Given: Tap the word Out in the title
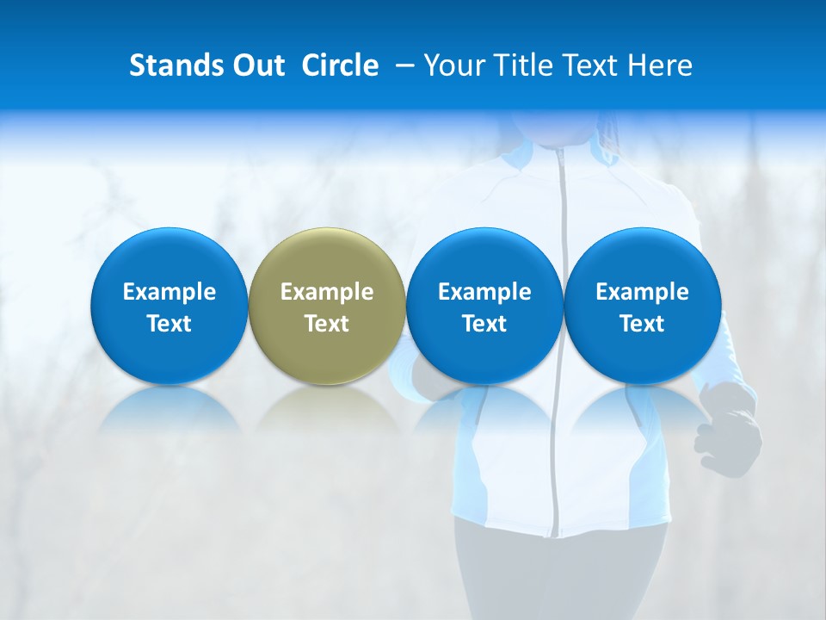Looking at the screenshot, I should (256, 65).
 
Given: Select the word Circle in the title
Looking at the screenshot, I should (340, 65).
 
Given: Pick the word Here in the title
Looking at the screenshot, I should (660, 65).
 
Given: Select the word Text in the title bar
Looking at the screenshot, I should (589, 65).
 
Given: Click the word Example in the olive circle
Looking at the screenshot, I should (327, 292).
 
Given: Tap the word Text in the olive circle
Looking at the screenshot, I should (327, 324).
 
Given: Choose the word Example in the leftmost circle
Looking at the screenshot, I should (170, 292).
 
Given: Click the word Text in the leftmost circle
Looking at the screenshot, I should (170, 324).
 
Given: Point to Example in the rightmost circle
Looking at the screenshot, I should (642, 292).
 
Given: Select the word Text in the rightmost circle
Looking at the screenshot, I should (642, 324).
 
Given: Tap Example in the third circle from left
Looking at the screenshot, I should (484, 292).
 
